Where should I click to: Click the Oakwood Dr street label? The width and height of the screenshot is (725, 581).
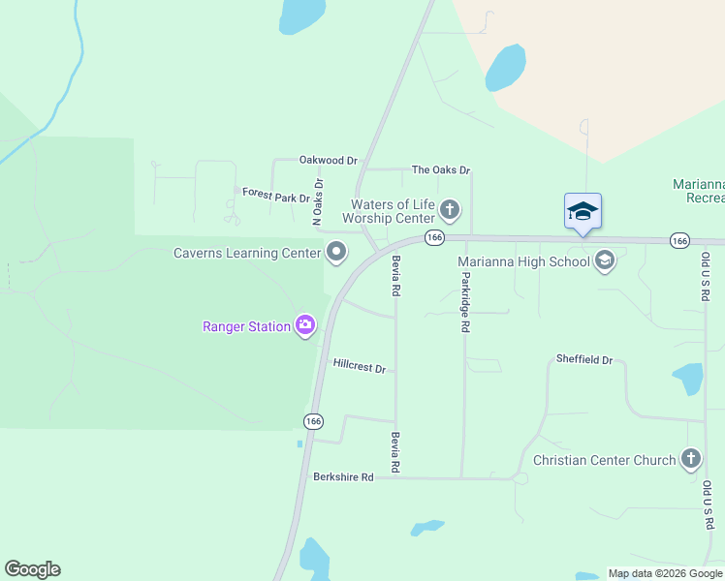[329, 160]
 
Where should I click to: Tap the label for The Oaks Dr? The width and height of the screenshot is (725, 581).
[441, 169]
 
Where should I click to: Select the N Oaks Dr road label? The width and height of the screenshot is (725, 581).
[317, 201]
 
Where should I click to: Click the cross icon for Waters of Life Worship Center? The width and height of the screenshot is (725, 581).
[450, 208]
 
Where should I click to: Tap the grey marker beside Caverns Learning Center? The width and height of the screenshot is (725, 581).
[337, 253]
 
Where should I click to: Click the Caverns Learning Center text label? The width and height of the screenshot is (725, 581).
[246, 254]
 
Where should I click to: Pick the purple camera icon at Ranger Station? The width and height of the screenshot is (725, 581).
[305, 325]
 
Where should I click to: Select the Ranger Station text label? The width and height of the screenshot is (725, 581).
[246, 326]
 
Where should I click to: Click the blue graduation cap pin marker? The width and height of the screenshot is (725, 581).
[583, 211]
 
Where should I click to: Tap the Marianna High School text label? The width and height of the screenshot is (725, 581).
[523, 260]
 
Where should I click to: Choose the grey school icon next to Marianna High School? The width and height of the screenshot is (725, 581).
[606, 260]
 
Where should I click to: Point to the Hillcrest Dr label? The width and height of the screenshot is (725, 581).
[360, 368]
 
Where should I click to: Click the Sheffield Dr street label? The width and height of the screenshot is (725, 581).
[584, 360]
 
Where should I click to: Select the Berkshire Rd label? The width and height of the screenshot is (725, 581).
[343, 477]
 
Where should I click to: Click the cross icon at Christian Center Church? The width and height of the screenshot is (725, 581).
[691, 459]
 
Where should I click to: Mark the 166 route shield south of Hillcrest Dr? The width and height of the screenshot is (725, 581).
[312, 421]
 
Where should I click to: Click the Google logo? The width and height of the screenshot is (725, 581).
[32, 569]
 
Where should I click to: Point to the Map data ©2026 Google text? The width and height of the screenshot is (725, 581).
[665, 573]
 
